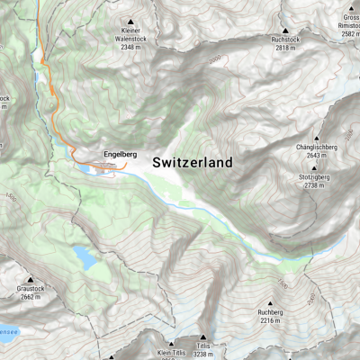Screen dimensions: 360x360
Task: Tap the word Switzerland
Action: [192, 163]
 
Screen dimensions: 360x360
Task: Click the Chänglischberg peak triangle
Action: [315, 136]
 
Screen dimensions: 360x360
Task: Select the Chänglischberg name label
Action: [315, 147]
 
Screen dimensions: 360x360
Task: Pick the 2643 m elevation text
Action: [315, 155]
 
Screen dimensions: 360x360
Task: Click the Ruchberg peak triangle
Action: [270, 302]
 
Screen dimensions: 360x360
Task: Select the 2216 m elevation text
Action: [270, 320]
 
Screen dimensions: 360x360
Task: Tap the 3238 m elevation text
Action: [206, 355]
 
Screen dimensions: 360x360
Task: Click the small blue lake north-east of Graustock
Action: [85, 258]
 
